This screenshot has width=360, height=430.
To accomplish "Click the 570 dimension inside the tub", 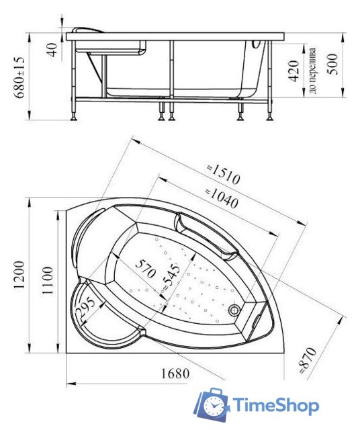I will pos(145,269).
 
